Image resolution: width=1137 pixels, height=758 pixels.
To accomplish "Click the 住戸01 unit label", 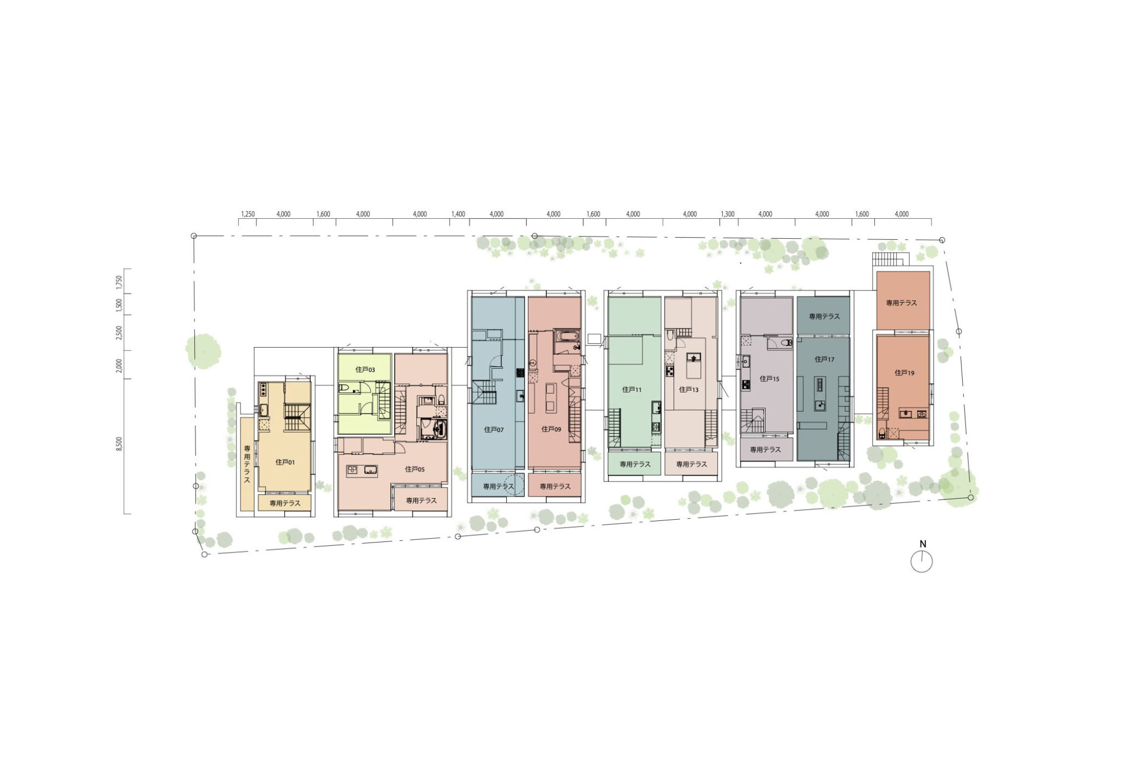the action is (x=285, y=462).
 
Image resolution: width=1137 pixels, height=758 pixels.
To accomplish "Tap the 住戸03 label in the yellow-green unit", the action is (x=365, y=369).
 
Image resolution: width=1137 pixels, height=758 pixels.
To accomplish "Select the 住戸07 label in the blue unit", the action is (x=494, y=429).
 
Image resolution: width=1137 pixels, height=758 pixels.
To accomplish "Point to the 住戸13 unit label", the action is (x=688, y=389).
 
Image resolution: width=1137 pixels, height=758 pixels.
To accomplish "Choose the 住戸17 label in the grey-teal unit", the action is (x=824, y=359).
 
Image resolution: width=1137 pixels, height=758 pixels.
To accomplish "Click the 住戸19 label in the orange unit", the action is (x=904, y=373).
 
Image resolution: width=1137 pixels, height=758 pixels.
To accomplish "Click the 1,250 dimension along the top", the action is (x=248, y=214).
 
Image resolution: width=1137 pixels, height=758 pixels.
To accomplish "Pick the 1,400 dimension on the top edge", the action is (x=458, y=214).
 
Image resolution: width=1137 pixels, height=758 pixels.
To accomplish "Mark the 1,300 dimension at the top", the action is (x=727, y=214).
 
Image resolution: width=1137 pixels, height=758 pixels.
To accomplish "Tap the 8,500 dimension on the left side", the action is (x=119, y=444).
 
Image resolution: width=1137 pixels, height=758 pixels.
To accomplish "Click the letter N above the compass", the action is (x=923, y=544).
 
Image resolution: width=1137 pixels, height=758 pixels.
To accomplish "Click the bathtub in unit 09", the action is (x=567, y=336).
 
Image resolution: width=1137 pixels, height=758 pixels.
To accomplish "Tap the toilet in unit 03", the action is (x=344, y=387).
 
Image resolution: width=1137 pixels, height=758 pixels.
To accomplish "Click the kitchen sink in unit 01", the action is (x=263, y=410).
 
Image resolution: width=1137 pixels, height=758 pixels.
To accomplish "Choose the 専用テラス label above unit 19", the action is (x=901, y=303).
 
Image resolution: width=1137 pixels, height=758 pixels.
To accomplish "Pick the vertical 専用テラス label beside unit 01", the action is (x=247, y=464).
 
